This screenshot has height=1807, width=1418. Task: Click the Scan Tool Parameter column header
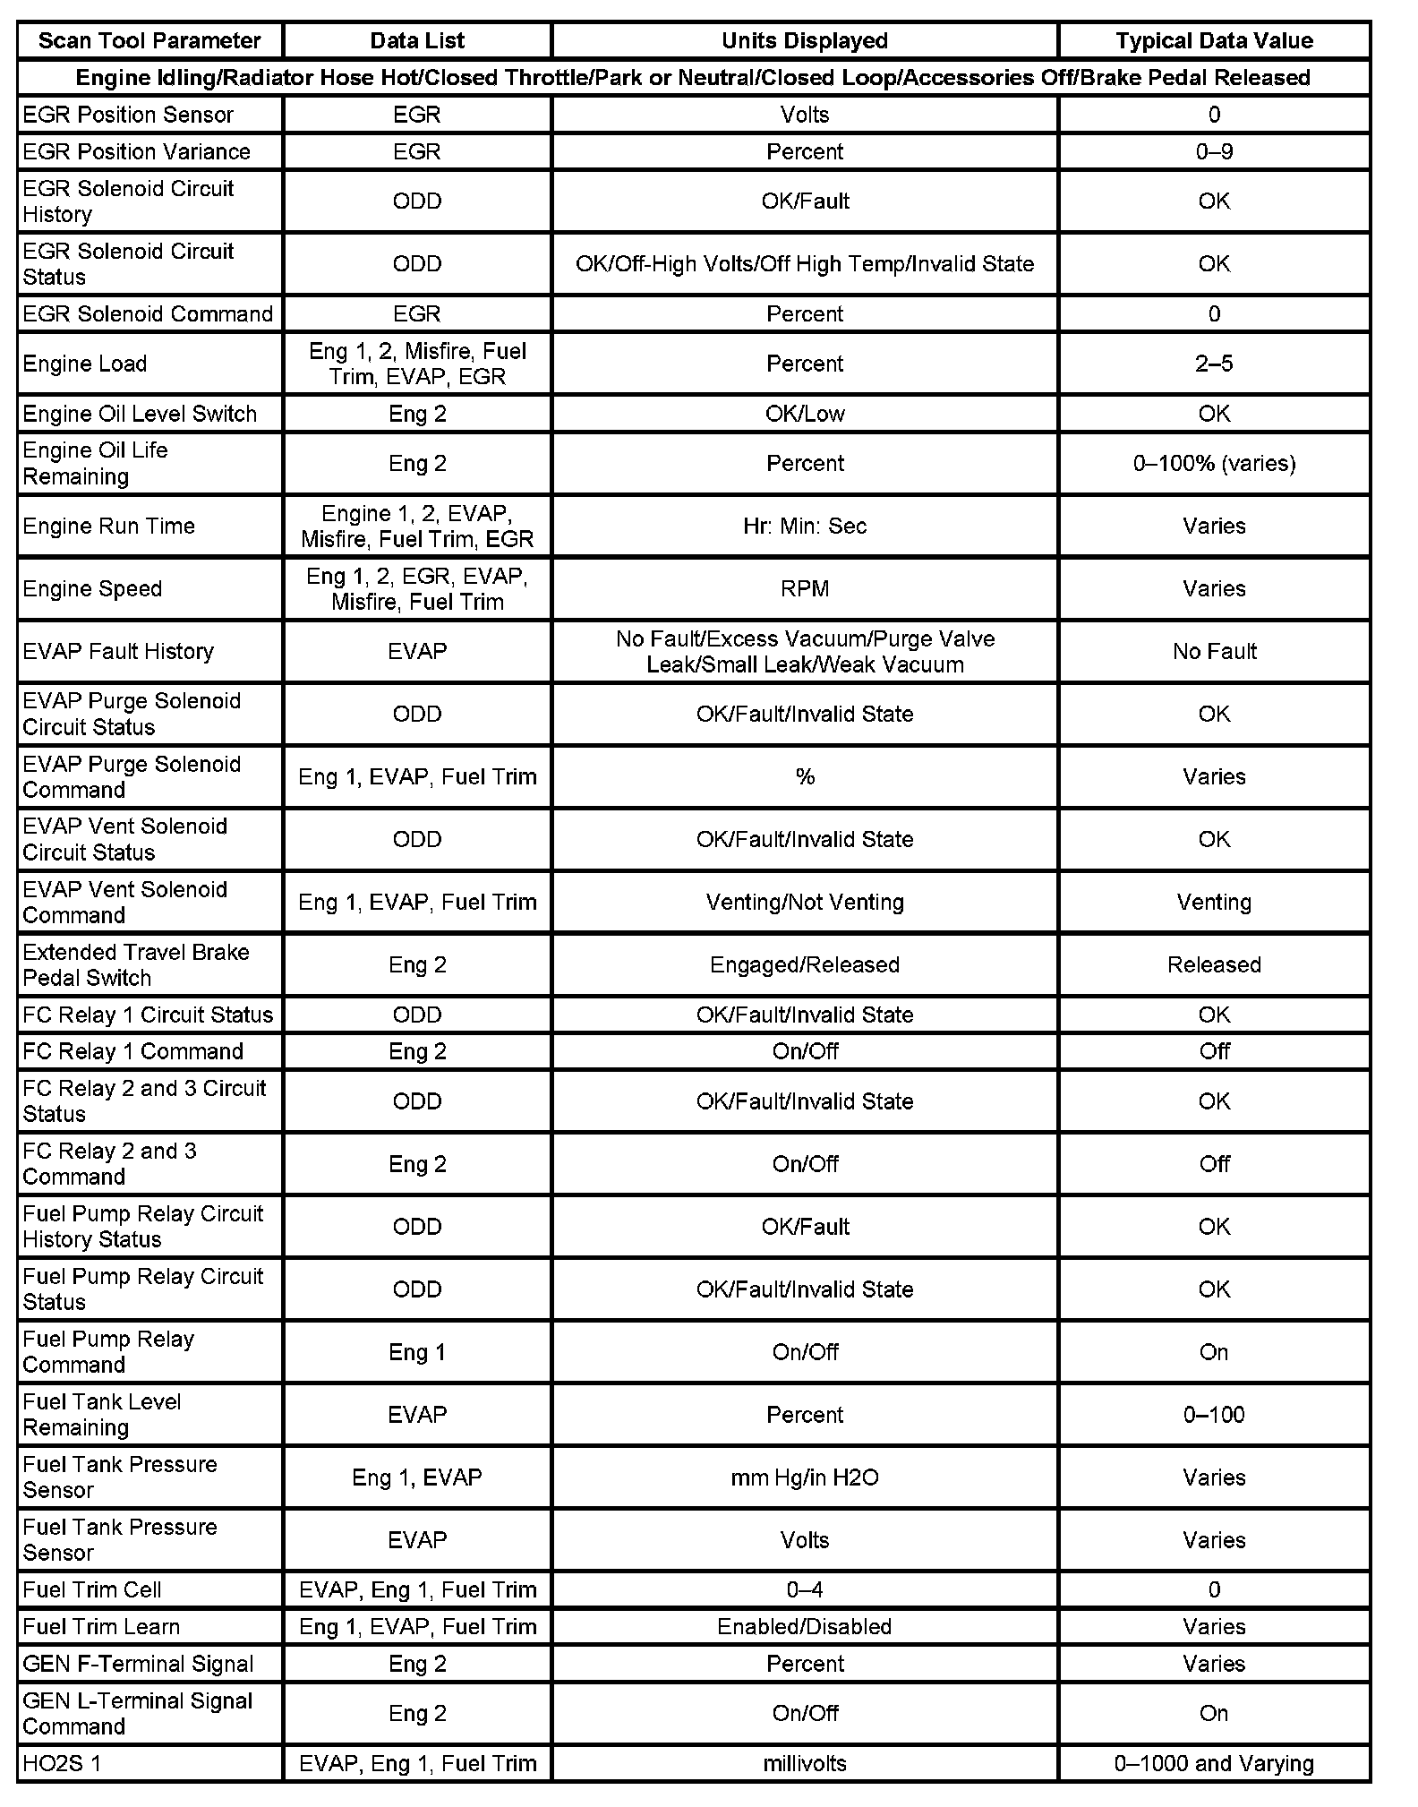149,41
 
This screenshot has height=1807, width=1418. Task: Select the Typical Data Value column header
1213,41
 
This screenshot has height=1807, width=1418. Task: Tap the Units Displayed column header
804,41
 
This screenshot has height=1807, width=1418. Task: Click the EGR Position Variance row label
136,151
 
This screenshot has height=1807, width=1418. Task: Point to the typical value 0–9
1213,151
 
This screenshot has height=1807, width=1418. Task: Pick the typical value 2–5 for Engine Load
1213,364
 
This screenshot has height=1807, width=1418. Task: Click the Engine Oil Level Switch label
140,414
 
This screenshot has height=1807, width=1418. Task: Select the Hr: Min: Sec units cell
804,526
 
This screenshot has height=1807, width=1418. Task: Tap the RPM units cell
804,588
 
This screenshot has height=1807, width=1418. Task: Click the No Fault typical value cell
1213,651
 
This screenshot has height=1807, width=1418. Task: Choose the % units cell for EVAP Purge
804,776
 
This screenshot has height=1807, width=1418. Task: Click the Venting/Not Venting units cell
804,902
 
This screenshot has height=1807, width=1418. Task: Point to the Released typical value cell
1213,964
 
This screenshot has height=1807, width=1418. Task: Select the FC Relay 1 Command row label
132,1051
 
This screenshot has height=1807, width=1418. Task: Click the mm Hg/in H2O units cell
804,1477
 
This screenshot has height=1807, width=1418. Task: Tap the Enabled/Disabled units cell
804,1627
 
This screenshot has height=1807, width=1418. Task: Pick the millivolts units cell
804,1764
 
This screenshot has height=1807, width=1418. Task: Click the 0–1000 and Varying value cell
1213,1764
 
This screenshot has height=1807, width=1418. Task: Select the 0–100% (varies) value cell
1213,463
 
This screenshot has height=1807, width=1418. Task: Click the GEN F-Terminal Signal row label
138,1664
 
